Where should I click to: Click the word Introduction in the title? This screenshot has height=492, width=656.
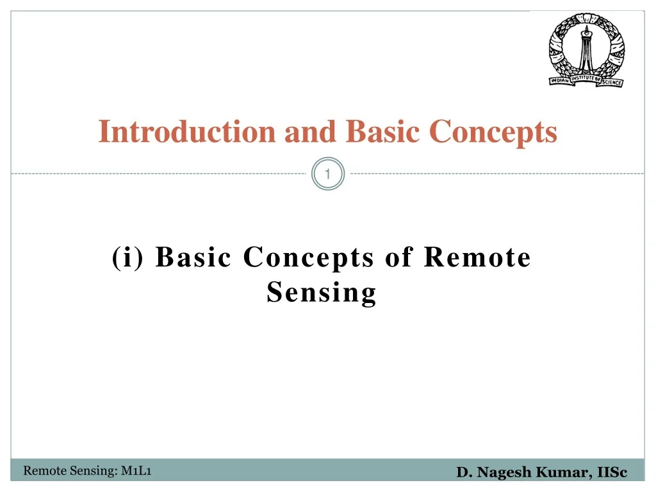[x=186, y=131]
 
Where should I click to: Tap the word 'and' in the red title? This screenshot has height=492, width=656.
[x=310, y=131]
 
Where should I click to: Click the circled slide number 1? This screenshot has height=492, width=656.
[x=327, y=174]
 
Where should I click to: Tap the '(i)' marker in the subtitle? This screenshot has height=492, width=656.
[x=127, y=257]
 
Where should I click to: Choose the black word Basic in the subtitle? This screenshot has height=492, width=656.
[x=193, y=256]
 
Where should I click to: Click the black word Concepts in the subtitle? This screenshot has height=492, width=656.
[x=308, y=258]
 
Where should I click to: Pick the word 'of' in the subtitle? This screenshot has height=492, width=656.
[x=399, y=256]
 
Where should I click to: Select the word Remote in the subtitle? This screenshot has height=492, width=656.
[x=477, y=256]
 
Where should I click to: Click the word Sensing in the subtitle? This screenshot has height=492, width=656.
[x=322, y=293]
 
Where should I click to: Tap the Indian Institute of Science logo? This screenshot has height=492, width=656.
[x=587, y=50]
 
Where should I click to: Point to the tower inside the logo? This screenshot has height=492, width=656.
[x=587, y=49]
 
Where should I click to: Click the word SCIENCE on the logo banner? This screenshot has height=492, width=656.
[x=612, y=82]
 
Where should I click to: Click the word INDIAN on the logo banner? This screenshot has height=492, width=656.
[x=560, y=80]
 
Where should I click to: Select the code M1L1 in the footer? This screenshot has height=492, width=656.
[x=136, y=471]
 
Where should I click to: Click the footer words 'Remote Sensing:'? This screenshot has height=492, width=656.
[x=70, y=471]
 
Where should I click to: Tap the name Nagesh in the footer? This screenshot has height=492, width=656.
[x=504, y=472]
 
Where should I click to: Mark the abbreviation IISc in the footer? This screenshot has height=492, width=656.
[x=612, y=472]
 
